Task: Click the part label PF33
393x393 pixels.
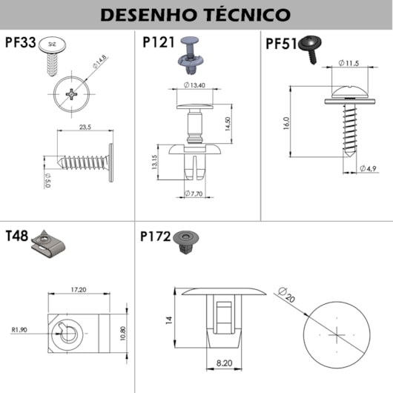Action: pos(20,42)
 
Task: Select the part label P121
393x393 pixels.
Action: pos(157,43)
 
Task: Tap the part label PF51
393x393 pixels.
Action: pos(281,44)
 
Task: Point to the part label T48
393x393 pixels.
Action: pos(16,237)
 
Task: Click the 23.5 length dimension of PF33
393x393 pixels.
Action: pos(83,128)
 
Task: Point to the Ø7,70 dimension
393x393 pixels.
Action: pos(196,194)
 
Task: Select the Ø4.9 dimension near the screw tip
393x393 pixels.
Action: pos(369,169)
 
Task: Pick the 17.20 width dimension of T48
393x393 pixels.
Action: pos(78,289)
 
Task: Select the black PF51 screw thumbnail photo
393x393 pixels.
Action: pos(310,49)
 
